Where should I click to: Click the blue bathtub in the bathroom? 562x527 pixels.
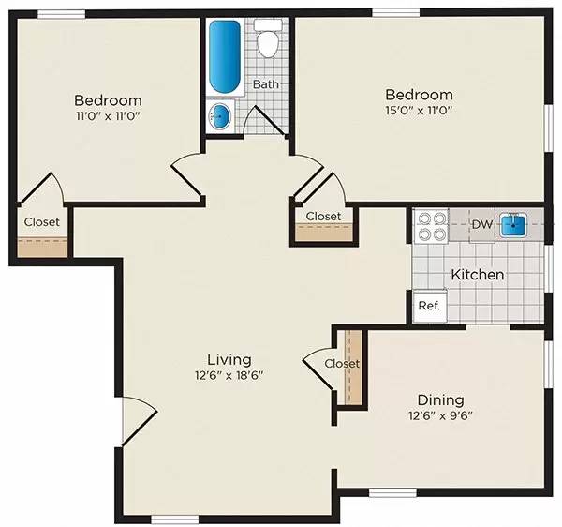[224, 55]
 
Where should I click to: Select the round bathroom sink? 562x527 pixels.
[220, 117]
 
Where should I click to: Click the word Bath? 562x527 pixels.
[265, 84]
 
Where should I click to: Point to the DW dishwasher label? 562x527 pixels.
[481, 224]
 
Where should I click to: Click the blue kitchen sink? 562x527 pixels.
[512, 225]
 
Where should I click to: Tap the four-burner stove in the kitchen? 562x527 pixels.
[431, 226]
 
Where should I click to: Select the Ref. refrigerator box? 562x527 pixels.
[429, 306]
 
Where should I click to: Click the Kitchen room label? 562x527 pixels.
[478, 275]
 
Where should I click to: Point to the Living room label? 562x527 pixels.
[229, 359]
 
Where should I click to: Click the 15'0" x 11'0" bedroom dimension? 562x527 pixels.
[420, 112]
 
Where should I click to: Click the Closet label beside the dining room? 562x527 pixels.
[342, 363]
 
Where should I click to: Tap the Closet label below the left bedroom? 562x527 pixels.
[41, 222]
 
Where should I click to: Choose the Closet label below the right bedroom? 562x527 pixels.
[323, 216]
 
